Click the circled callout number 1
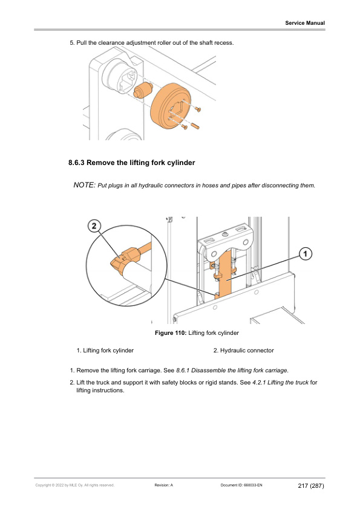click(x=305, y=253)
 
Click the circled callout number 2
click(x=94, y=225)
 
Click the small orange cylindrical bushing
click(x=143, y=90)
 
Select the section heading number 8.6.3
click(x=76, y=163)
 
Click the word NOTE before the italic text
click(x=85, y=185)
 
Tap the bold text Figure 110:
click(x=171, y=333)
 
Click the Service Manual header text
click(x=305, y=23)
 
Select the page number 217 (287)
click(x=311, y=485)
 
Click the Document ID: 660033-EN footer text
click(x=241, y=485)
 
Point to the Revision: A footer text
click(x=164, y=485)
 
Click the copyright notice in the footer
click(x=75, y=485)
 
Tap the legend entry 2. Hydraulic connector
click(x=243, y=351)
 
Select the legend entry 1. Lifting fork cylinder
click(x=105, y=351)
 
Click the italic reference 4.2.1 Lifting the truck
click(x=280, y=383)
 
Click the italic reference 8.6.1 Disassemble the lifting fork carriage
click(x=232, y=371)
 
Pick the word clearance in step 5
click(x=111, y=43)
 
